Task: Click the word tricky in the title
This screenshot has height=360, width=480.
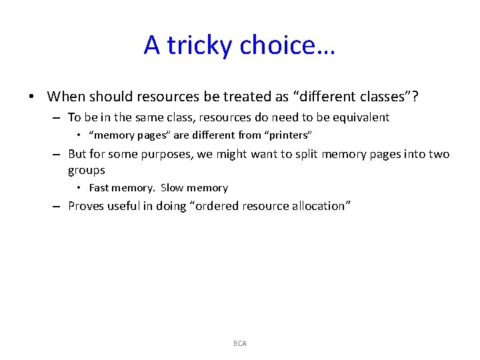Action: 200,45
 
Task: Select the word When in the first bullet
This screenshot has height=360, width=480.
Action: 67,96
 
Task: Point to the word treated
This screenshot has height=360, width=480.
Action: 243,96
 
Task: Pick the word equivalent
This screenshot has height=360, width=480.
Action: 357,117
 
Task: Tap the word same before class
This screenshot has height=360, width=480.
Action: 151,117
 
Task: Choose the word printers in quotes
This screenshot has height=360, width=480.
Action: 289,135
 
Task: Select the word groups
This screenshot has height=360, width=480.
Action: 87,170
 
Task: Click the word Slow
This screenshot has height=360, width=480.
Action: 171,188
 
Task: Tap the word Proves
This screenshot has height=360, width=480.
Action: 87,206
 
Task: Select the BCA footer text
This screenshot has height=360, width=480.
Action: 240,343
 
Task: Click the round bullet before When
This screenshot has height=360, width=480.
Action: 33,97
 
